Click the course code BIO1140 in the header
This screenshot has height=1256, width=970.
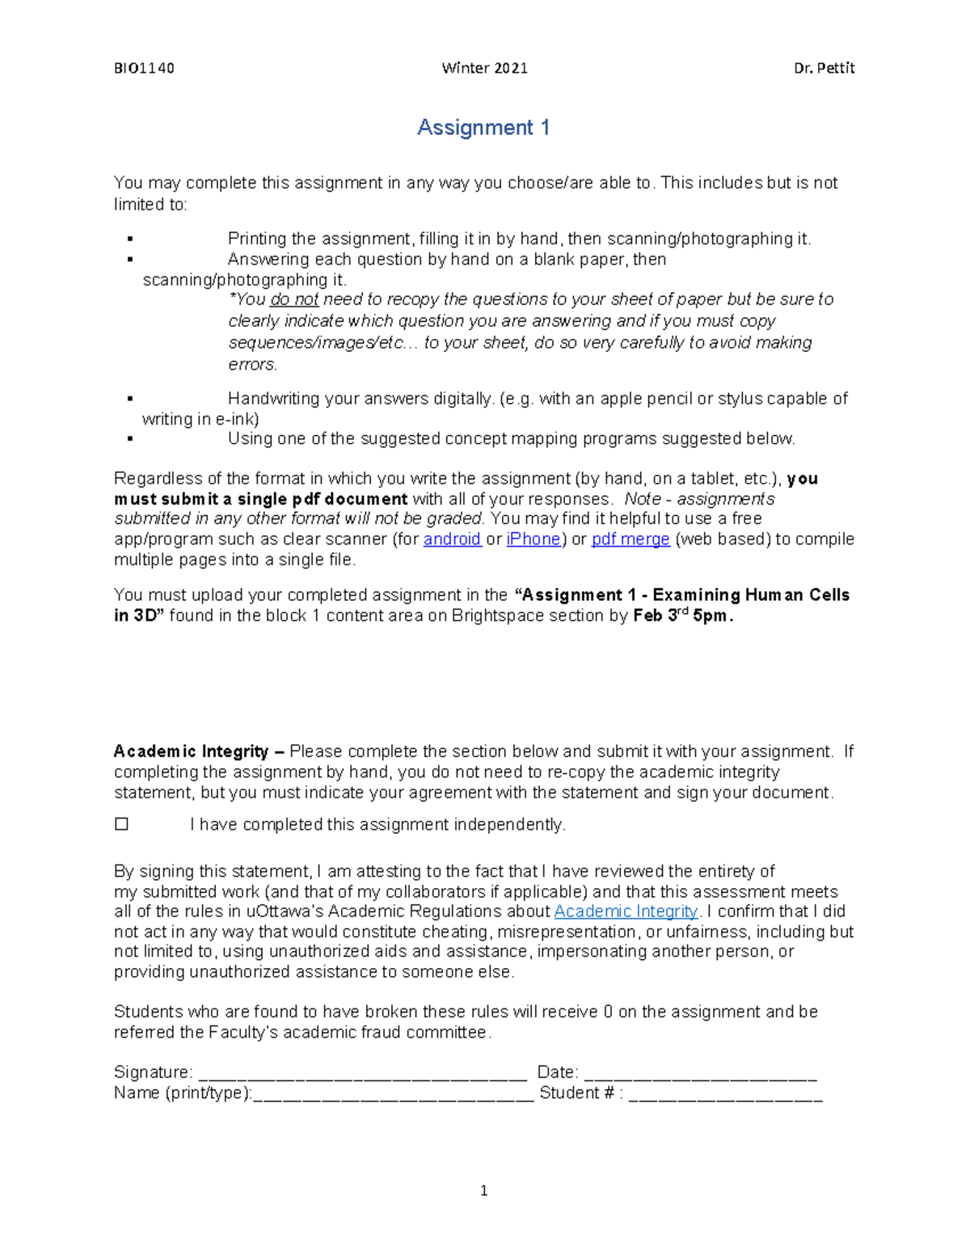(x=144, y=68)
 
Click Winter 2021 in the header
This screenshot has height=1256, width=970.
(x=484, y=68)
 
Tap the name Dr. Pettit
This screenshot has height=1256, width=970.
(x=824, y=68)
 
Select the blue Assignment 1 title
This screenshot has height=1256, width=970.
(x=483, y=128)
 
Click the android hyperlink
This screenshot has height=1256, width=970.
(x=452, y=539)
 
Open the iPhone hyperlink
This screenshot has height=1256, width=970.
(x=533, y=539)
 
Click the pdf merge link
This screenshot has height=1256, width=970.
(x=630, y=539)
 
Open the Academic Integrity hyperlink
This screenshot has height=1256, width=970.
(x=626, y=911)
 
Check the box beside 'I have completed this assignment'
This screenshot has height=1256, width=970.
(x=122, y=824)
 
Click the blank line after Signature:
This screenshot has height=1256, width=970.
(x=362, y=1074)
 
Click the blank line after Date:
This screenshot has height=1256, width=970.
(x=700, y=1074)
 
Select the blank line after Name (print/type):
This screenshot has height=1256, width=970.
(x=393, y=1095)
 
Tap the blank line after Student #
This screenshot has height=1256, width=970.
(x=725, y=1095)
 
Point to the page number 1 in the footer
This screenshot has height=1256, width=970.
(x=483, y=1190)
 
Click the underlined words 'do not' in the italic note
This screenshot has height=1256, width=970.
(x=294, y=300)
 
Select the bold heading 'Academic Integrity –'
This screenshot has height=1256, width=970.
(x=199, y=751)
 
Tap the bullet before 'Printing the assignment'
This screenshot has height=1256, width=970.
(x=129, y=239)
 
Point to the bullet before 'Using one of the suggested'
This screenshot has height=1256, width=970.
(x=129, y=439)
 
